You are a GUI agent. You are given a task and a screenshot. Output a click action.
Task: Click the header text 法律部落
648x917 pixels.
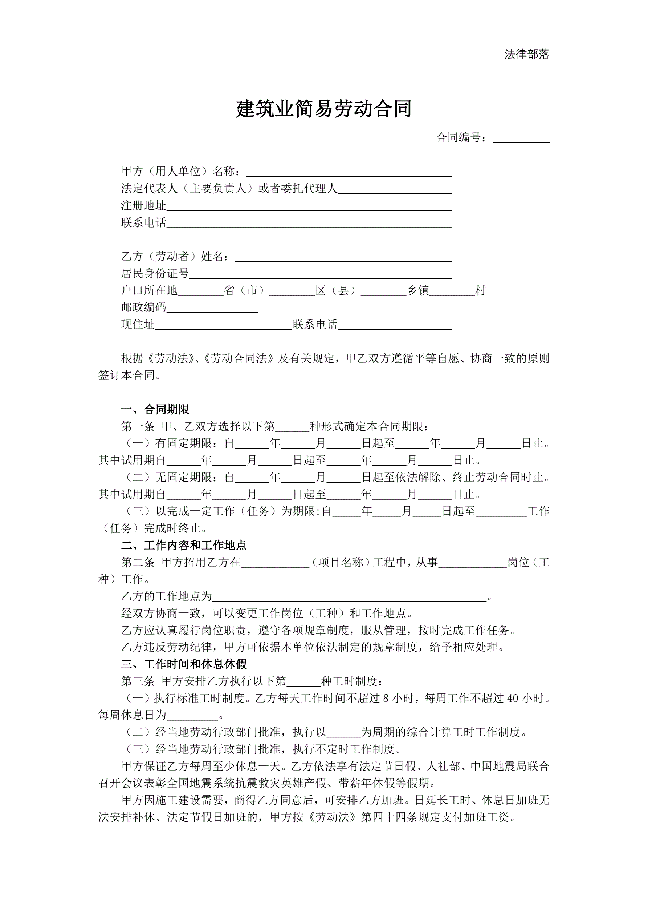527,54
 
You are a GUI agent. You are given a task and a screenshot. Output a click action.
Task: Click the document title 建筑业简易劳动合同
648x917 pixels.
323,109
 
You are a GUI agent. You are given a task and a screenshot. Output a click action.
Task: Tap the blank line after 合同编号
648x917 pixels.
521,139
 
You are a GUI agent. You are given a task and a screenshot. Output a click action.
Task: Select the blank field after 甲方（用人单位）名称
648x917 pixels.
349,173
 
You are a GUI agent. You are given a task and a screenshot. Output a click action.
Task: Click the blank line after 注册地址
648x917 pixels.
309,207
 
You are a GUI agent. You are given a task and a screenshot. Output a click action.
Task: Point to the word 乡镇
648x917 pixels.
418,291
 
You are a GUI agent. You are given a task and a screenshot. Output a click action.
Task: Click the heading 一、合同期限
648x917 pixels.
155,409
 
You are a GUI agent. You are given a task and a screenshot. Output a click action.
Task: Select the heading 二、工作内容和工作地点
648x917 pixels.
184,546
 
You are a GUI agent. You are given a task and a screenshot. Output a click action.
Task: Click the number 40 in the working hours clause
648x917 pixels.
512,699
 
